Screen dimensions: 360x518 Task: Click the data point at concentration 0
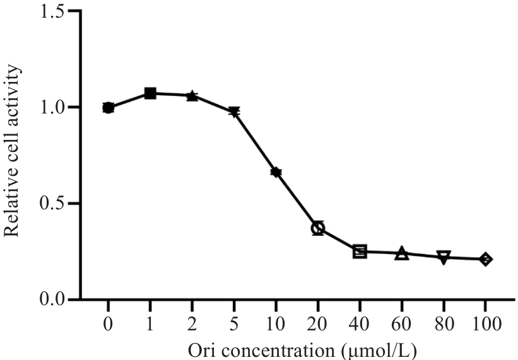point(108,108)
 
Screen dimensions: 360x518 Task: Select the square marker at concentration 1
point(150,93)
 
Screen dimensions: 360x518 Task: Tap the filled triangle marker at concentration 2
point(192,96)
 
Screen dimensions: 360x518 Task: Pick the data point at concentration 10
point(276,172)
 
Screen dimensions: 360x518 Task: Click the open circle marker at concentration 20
point(318,228)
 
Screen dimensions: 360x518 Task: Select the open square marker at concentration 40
point(360,252)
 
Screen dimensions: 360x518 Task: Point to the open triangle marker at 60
point(401,254)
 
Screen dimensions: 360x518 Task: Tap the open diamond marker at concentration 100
point(485,259)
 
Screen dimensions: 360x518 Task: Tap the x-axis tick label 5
point(234,325)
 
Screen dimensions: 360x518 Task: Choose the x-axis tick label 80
point(444,325)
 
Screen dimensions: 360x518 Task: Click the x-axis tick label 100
point(485,325)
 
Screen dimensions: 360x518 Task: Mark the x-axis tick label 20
point(318,325)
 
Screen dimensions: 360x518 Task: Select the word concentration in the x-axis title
point(269,349)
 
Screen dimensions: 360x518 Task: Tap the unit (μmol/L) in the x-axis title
point(378,349)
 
